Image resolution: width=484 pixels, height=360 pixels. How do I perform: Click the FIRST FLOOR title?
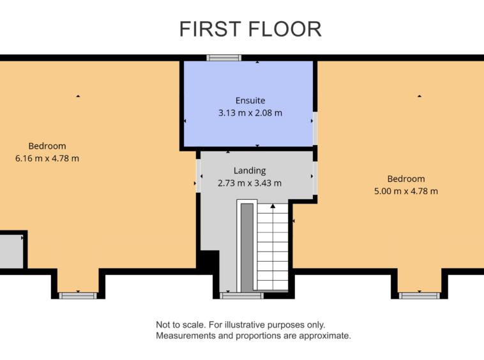[250, 29]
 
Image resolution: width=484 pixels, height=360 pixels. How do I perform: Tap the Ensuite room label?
[250, 101]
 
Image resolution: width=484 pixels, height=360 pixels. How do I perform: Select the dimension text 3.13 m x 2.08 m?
[250, 113]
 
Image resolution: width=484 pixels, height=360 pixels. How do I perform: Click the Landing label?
[250, 170]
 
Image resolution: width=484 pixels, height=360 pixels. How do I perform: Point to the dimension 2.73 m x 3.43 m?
[250, 183]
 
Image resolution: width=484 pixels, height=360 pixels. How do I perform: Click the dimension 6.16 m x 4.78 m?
[47, 158]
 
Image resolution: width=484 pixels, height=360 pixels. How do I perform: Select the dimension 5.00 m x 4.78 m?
[406, 191]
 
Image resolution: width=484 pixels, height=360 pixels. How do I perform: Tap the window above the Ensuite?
[223, 57]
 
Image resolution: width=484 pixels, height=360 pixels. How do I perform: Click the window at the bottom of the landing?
[242, 296]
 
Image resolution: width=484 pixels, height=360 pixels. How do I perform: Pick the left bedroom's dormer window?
[78, 296]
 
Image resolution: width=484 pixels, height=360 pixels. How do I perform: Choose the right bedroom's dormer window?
[419, 296]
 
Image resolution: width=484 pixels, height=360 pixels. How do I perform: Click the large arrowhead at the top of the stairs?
[273, 206]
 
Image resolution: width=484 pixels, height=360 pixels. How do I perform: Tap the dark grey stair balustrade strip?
[247, 248]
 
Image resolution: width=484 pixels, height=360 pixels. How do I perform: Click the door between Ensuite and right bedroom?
[315, 128]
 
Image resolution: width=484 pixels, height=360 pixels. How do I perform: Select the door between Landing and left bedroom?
[198, 176]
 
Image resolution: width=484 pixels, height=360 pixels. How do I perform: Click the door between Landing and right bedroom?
[315, 178]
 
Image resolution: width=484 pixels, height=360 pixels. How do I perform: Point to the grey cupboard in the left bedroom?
[11, 251]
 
